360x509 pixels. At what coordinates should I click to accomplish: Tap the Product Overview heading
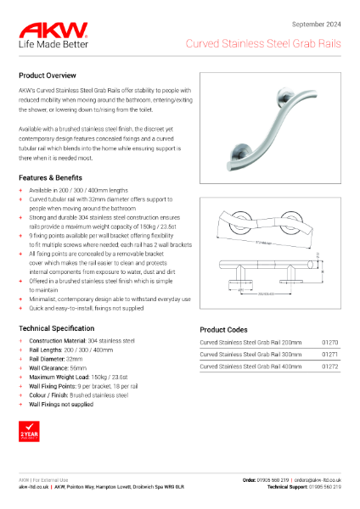coord(53,76)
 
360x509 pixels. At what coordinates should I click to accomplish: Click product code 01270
coord(330,343)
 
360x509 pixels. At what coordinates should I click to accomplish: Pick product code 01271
coord(330,354)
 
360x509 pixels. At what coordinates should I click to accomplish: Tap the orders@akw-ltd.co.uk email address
coord(311,480)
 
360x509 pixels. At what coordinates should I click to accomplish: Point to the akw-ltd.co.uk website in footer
coord(35,488)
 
